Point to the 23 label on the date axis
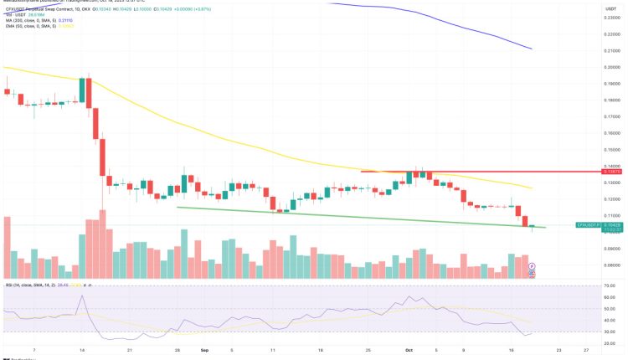[559, 352]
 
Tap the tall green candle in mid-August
[83, 90]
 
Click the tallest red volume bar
[102, 244]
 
